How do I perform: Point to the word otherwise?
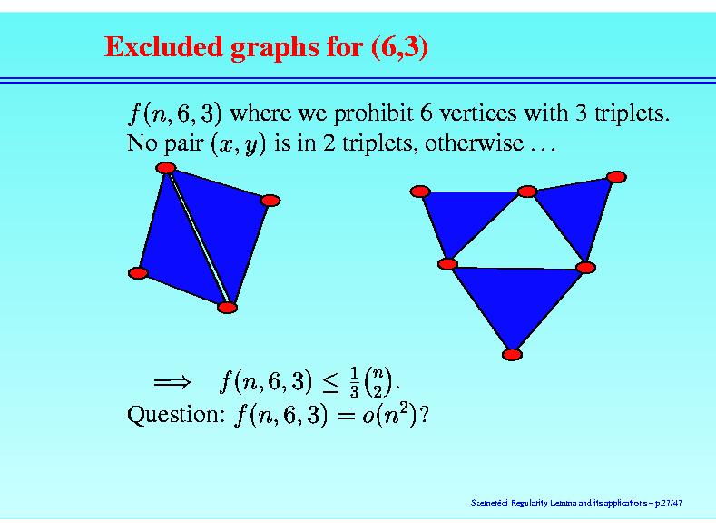pos(474,143)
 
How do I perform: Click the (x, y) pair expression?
pos(238,144)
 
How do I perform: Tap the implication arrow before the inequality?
pos(172,382)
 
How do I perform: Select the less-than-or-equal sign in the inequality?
pos(330,383)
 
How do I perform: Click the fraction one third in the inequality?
pos(354,382)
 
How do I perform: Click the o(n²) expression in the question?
pos(390,415)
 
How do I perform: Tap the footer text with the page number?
pos(576,503)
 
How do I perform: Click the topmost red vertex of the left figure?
pos(166,168)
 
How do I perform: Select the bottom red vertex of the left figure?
pos(227,308)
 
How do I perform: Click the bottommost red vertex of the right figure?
pos(512,355)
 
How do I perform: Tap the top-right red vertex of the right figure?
pos(616,177)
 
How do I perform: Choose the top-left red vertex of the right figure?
pos(420,192)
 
